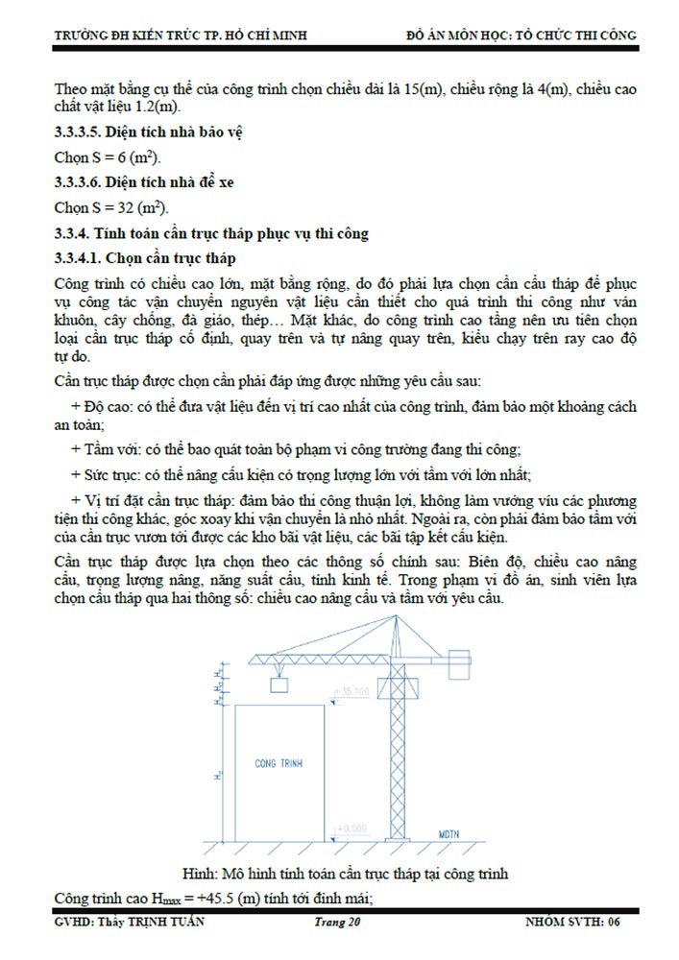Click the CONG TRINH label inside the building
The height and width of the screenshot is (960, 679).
[279, 763]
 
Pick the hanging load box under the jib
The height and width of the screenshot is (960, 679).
[280, 684]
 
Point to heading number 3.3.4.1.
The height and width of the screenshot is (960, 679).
[78, 258]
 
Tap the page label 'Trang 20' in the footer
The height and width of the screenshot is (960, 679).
[338, 923]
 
